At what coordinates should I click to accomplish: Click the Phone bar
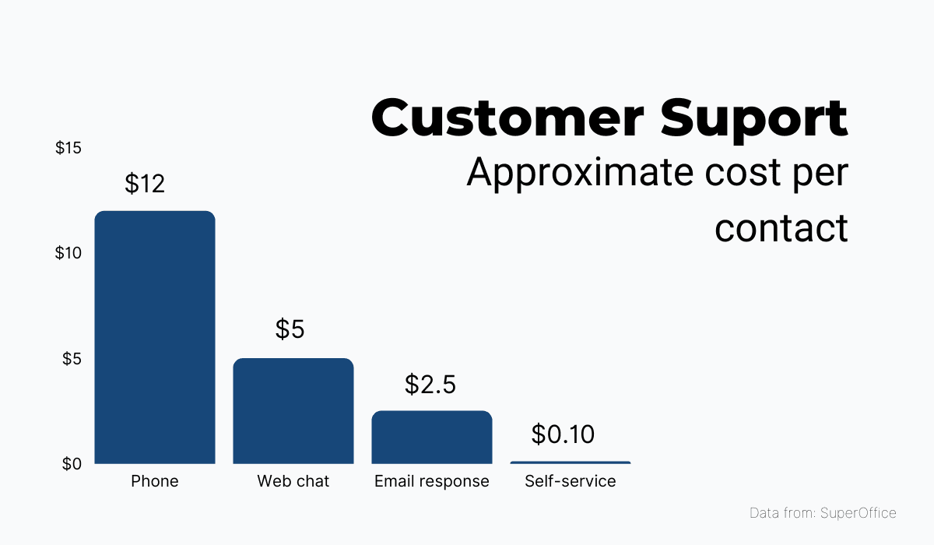(155, 337)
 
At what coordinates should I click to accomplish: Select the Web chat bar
(293, 410)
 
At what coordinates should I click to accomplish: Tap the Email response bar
(432, 437)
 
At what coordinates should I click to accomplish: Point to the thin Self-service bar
(570, 462)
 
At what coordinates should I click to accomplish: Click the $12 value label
(145, 185)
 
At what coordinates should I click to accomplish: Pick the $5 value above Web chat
(290, 329)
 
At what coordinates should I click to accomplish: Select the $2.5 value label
(430, 385)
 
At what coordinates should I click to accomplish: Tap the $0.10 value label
(563, 434)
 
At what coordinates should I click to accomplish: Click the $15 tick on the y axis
(68, 148)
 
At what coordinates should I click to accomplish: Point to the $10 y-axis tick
(68, 253)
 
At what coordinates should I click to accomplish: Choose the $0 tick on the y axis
(72, 464)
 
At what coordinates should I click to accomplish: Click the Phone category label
(155, 481)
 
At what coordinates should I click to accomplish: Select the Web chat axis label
(293, 481)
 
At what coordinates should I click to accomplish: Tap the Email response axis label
(432, 481)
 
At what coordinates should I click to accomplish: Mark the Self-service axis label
(570, 481)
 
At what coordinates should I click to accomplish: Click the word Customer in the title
(508, 118)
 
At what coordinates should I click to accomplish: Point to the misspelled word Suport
(754, 118)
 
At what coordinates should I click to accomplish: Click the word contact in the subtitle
(781, 227)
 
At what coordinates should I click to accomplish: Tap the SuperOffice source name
(859, 513)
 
